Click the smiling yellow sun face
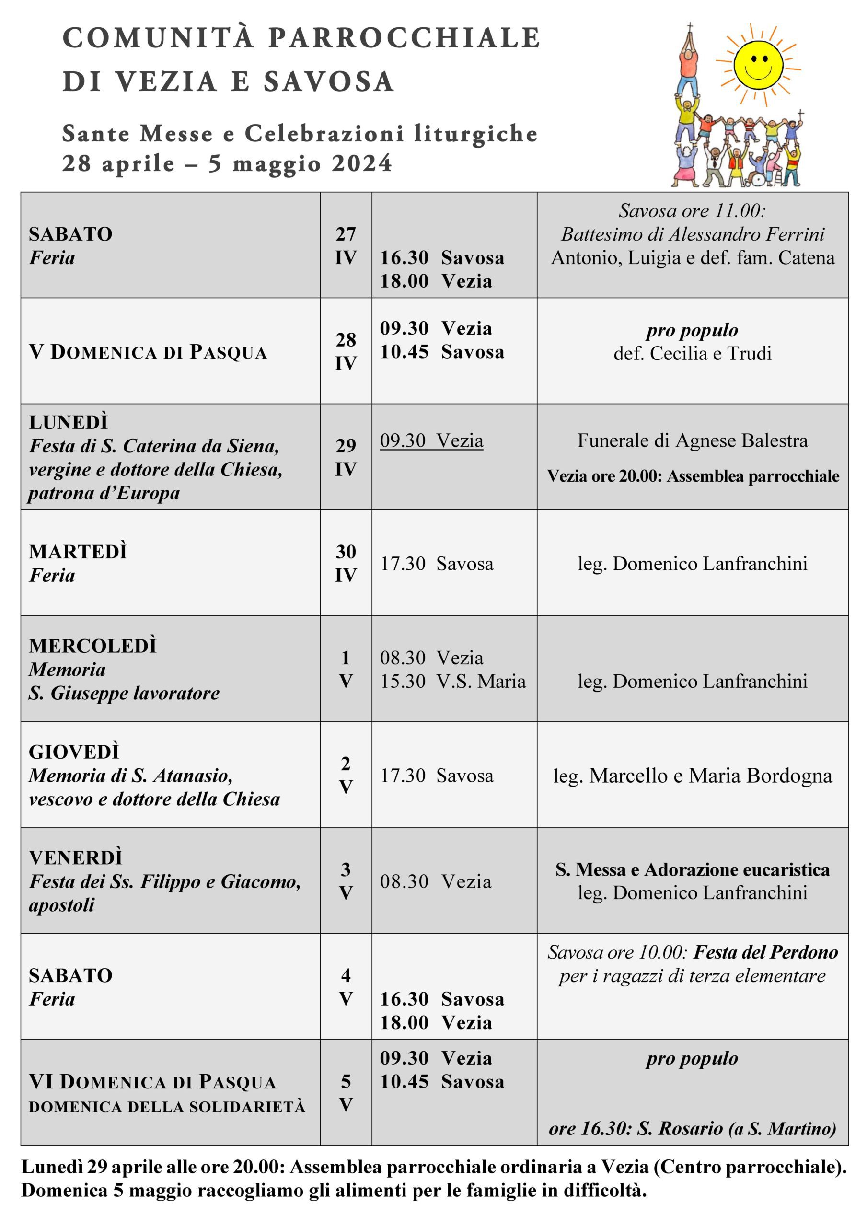[x=757, y=65]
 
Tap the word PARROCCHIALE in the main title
[x=404, y=38]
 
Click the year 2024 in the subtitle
[x=362, y=163]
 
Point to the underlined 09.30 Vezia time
[x=431, y=441]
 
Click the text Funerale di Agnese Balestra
[x=692, y=441]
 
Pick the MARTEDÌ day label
[x=78, y=552]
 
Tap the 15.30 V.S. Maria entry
[x=453, y=682]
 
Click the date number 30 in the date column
[x=345, y=552]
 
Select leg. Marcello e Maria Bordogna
[x=692, y=776]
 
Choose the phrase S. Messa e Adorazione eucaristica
[x=692, y=869]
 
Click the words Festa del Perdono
[x=765, y=952]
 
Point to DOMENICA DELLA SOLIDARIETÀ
[x=167, y=1107]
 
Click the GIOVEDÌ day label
[x=74, y=752]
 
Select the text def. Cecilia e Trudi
[x=692, y=353]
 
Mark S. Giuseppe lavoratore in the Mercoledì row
[x=124, y=693]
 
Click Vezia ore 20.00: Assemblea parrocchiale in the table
[x=693, y=476]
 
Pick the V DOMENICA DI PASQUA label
[x=148, y=352]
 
